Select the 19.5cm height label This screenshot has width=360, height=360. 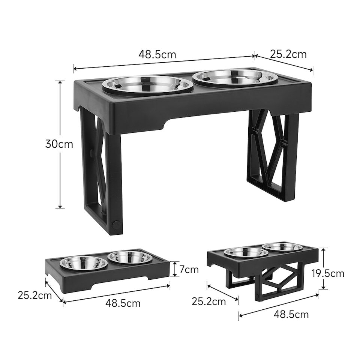pos(328,273)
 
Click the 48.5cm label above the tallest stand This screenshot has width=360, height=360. pos(157,54)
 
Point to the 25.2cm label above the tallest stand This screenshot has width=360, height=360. pos(288,54)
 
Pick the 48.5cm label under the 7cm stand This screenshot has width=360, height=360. pos(123,303)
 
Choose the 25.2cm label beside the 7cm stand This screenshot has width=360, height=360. pos(34,295)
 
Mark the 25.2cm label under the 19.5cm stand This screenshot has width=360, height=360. pos(209,301)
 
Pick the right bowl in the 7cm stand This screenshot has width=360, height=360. pos(130,258)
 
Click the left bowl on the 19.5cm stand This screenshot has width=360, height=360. pos(246,252)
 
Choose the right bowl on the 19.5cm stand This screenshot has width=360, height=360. pos(282,247)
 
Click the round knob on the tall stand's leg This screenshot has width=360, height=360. pos(117,225)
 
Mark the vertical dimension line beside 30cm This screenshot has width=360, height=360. pos(60,176)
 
